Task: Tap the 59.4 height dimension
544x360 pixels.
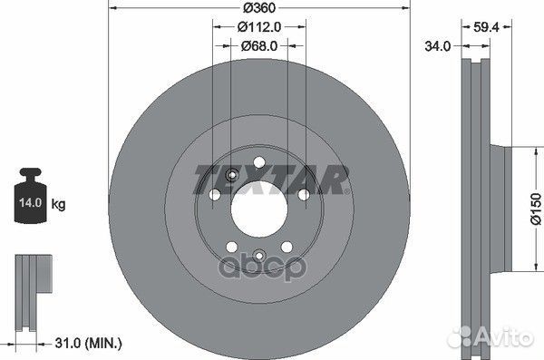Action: click(x=486, y=27)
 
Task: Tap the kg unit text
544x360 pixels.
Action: click(x=59, y=205)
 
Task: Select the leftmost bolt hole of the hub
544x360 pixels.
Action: click(x=215, y=195)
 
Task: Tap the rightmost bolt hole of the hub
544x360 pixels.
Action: click(x=300, y=195)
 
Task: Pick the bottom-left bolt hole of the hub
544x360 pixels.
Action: click(x=231, y=246)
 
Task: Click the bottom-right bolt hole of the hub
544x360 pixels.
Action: click(x=285, y=246)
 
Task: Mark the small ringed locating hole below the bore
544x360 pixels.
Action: click(x=257, y=256)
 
